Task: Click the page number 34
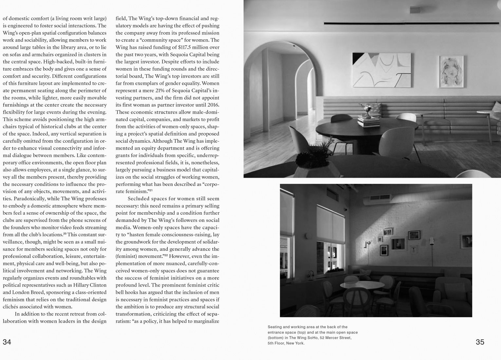tap(7, 342)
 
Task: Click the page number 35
tap(480, 342)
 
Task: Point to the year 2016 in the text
tap(213, 105)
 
